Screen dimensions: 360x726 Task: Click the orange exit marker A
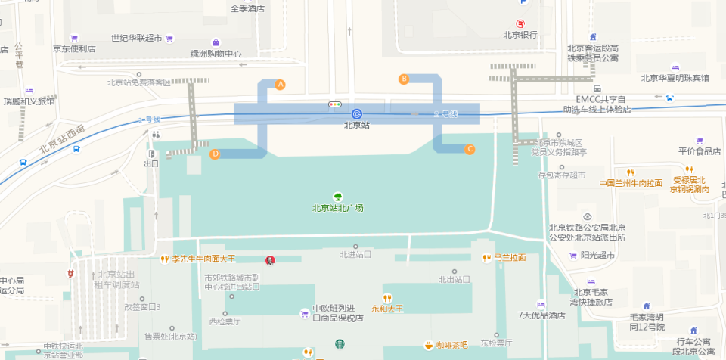pos(281,85)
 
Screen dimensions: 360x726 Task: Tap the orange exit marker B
pos(404,79)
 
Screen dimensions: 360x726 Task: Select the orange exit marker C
pos(470,149)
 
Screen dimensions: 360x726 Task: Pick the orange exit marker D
pos(215,154)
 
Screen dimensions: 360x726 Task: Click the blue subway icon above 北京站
pos(356,113)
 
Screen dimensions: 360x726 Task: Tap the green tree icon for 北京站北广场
pos(338,197)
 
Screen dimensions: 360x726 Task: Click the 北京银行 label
pos(520,35)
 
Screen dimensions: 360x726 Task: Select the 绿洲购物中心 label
pos(216,54)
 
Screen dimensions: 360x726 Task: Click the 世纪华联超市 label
pos(136,38)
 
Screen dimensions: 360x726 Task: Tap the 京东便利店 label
pos(74,49)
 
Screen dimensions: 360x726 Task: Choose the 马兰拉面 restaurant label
pos(510,258)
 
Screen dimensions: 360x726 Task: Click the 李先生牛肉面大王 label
pos(203,259)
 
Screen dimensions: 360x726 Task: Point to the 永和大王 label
pos(387,309)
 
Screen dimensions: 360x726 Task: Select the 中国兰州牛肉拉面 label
pos(631,183)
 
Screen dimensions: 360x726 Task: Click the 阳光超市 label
pos(597,256)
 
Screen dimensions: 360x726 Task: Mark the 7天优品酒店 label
pos(541,315)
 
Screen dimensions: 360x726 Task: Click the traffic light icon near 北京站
pos(334,104)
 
